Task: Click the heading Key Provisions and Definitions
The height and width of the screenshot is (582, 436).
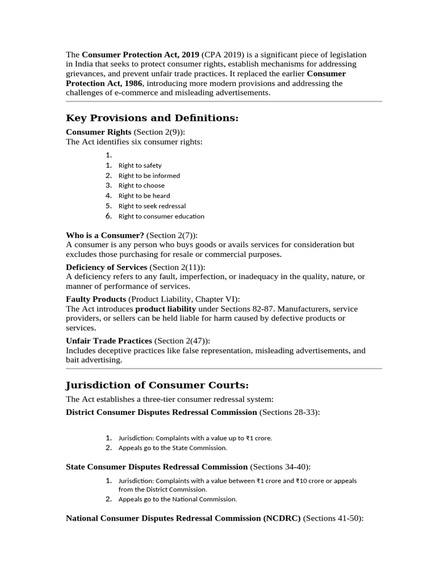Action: click(152, 118)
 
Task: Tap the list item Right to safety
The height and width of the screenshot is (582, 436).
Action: click(140, 165)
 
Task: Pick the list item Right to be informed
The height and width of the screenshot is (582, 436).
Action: click(149, 176)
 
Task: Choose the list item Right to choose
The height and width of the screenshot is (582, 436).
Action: click(141, 185)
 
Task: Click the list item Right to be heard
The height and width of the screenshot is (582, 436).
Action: click(144, 196)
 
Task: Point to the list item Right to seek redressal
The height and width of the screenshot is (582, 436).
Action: click(152, 206)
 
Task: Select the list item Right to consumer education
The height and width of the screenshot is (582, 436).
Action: click(161, 216)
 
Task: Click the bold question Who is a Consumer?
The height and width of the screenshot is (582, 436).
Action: click(105, 235)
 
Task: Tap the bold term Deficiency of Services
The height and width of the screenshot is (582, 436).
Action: click(107, 267)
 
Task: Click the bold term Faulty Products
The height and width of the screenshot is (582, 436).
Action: click(96, 299)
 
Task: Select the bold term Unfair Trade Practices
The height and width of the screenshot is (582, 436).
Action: click(109, 340)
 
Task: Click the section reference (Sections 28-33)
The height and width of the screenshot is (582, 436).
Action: click(290, 411)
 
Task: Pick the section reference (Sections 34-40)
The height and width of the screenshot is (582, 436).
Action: click(280, 467)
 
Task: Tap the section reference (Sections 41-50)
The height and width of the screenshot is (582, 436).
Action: click(333, 518)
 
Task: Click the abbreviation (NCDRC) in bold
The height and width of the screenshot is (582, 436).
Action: click(282, 518)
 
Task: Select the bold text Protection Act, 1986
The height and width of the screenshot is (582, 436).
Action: click(104, 83)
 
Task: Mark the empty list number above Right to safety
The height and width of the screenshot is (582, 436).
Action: click(109, 155)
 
